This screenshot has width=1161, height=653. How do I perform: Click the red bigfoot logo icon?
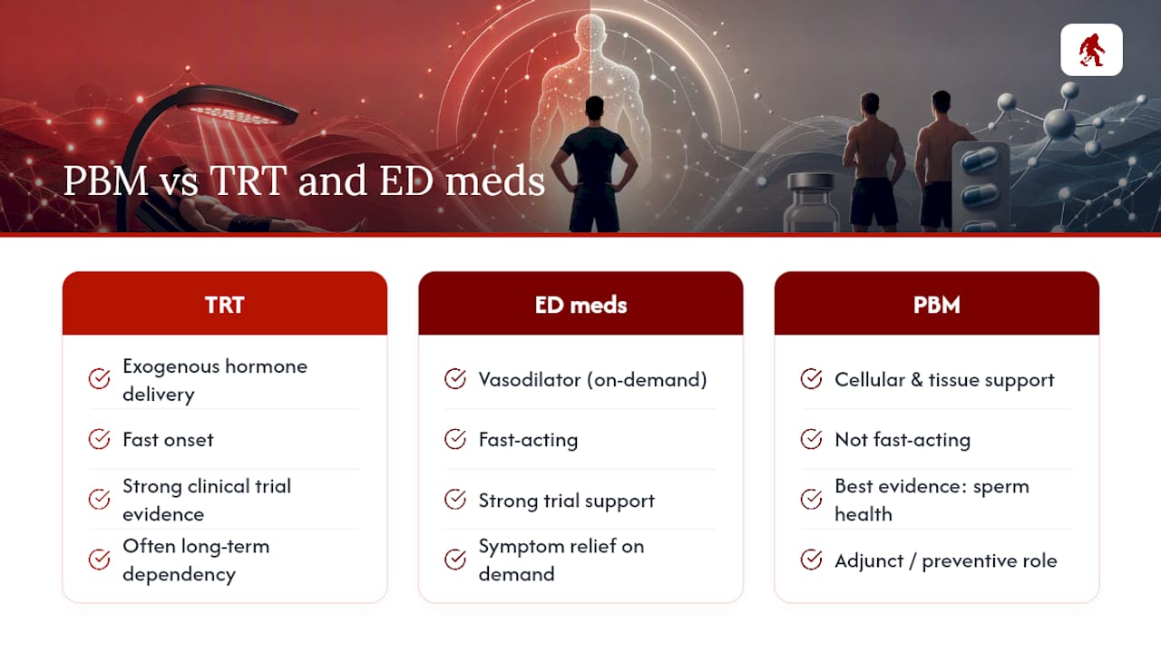[1091, 50]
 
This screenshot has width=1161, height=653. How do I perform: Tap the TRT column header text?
[224, 305]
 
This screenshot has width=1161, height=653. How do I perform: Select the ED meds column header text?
[580, 305]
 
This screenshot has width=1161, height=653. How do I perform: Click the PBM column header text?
[937, 305]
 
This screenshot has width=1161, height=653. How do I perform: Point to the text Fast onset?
[168, 440]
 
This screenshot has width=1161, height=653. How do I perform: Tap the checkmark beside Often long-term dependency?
[99, 560]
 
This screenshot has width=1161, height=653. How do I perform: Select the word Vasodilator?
[529, 380]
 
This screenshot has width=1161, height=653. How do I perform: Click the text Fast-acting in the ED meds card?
[528, 440]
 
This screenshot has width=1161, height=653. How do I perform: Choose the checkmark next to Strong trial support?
[455, 499]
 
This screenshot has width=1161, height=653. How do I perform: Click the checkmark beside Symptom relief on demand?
[455, 560]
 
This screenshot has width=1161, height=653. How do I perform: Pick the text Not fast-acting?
[902, 440]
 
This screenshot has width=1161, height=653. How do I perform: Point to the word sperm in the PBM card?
[1000, 487]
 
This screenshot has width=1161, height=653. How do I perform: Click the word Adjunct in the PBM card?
[869, 560]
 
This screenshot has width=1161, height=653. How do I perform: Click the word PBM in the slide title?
[106, 180]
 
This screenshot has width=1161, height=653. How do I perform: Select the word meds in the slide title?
[495, 180]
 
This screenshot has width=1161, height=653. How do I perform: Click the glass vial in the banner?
[811, 203]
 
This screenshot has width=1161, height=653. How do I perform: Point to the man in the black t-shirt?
[594, 165]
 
